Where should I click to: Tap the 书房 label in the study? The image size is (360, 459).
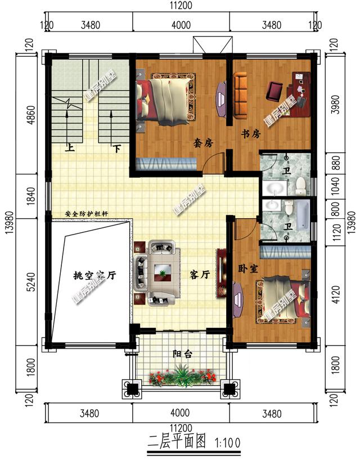click(x=251, y=134)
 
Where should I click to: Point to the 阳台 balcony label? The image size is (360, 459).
click(x=182, y=354)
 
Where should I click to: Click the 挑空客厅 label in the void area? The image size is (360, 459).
click(x=94, y=276)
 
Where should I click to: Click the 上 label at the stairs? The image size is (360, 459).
click(x=70, y=149)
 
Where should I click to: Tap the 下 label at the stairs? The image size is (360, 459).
click(x=116, y=149)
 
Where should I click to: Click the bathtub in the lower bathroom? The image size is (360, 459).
click(x=303, y=214)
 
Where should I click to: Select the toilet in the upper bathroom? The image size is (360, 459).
click(x=301, y=184)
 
